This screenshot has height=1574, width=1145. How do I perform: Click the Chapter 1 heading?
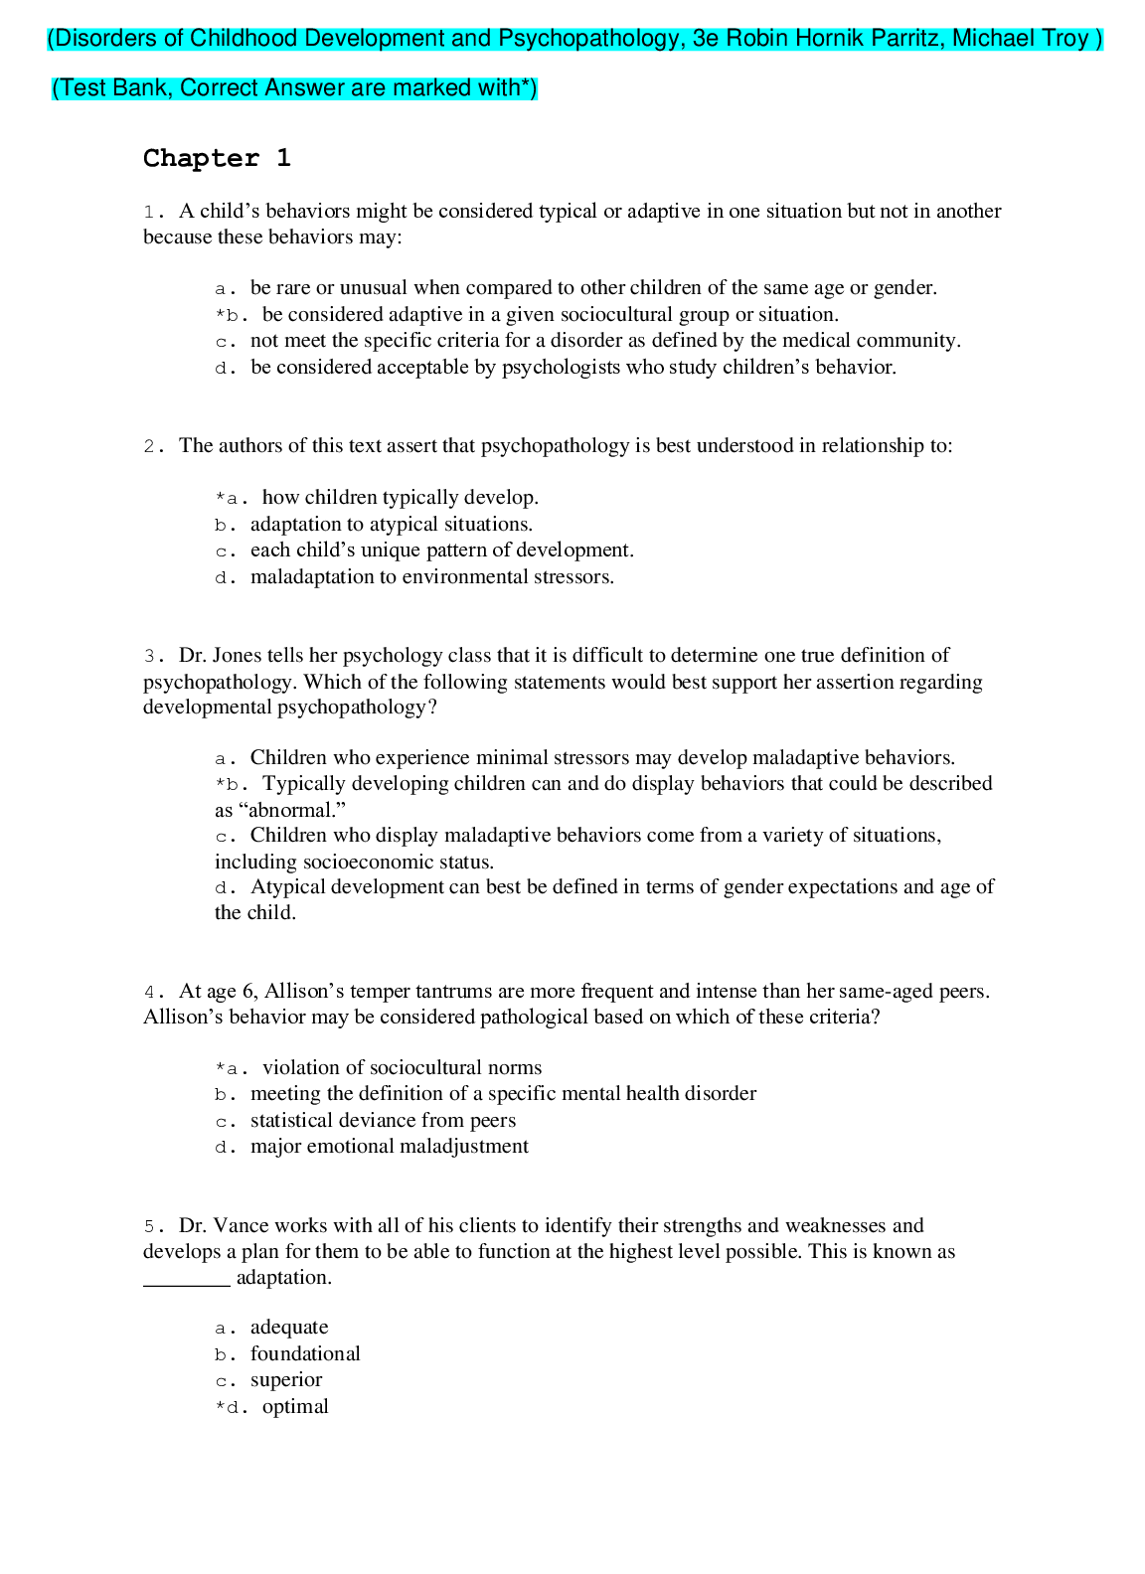(x=217, y=158)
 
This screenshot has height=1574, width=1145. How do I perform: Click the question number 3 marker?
(x=153, y=656)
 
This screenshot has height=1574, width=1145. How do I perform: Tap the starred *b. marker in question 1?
(x=231, y=315)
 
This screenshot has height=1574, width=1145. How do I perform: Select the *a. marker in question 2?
(x=231, y=498)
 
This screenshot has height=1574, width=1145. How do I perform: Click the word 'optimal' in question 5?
(x=295, y=1406)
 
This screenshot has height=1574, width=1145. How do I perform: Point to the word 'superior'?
(x=286, y=1379)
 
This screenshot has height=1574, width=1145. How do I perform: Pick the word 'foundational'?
(x=305, y=1353)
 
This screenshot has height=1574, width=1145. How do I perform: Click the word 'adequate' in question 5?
(x=289, y=1328)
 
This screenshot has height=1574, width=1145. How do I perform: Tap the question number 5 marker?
(x=153, y=1226)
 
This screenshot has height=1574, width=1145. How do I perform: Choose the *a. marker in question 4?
(x=231, y=1068)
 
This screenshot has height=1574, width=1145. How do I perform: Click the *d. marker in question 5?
(x=231, y=1407)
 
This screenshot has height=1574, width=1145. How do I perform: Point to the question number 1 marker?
(x=153, y=212)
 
